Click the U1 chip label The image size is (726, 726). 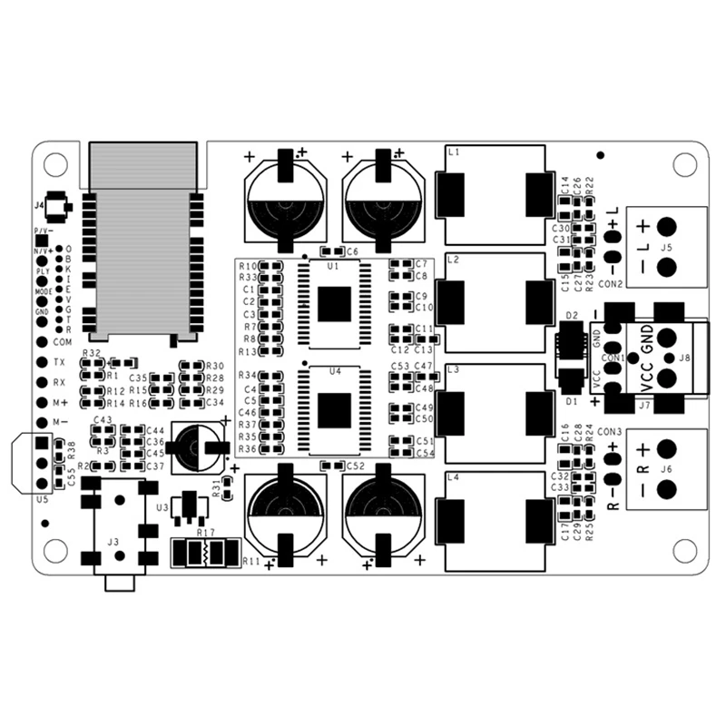coord(333,266)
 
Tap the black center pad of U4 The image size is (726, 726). coord(334,410)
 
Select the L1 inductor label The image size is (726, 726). coord(455,153)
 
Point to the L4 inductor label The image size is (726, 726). coord(455,477)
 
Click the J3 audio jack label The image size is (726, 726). coord(113,542)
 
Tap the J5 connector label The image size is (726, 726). coord(666,247)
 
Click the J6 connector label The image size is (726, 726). coord(666,468)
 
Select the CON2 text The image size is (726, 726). coord(610,284)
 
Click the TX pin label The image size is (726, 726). coord(60,362)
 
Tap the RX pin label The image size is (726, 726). coord(60,382)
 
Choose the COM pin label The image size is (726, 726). coord(62,342)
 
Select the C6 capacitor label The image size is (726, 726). coord(352,250)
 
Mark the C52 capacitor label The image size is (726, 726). coord(355,466)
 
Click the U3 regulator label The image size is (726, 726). coord(162,507)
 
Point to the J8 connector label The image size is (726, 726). coord(683,358)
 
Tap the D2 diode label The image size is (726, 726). coord(572,315)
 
